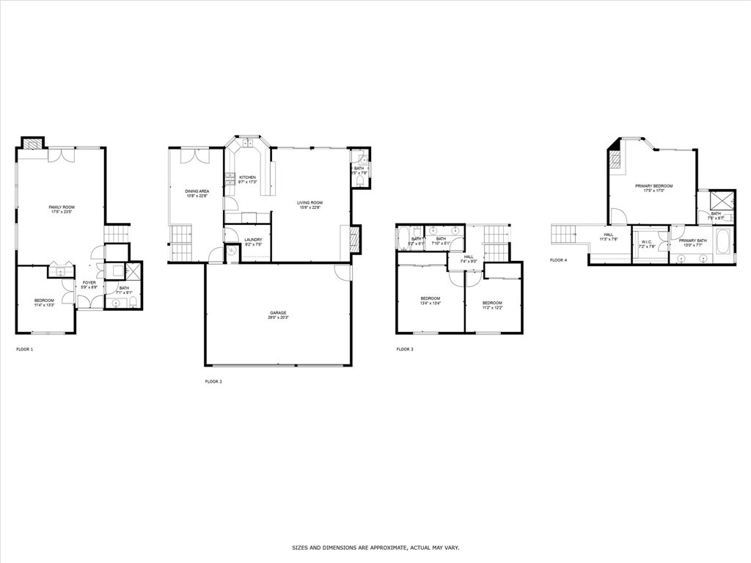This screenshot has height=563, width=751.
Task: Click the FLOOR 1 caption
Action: point(24,350)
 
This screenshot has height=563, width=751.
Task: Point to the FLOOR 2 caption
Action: point(213,382)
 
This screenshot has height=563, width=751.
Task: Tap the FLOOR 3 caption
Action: point(405,350)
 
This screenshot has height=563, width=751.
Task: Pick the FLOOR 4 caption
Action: point(558,260)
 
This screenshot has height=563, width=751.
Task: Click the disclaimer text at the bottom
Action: point(375,548)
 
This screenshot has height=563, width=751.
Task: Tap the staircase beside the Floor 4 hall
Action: point(565,235)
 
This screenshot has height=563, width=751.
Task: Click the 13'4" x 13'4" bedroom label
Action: point(430,301)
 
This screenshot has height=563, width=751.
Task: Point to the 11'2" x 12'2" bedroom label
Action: point(491,305)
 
